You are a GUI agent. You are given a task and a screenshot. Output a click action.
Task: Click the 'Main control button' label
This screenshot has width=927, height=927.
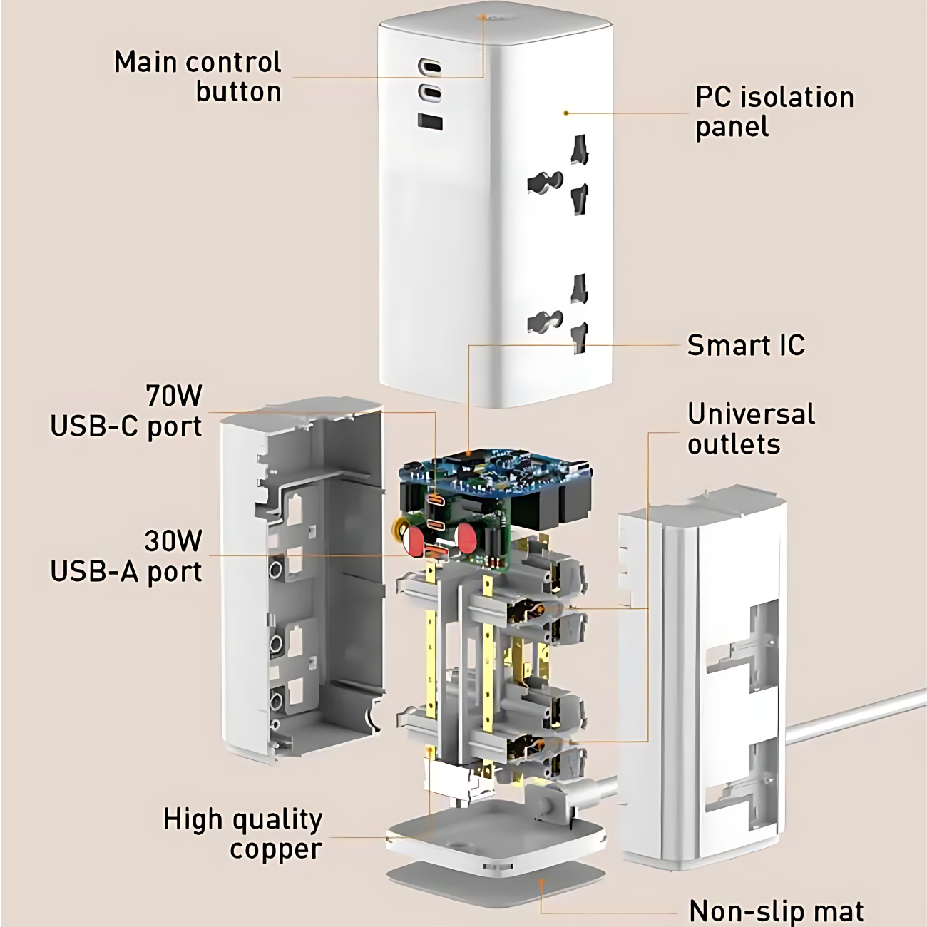(x=198, y=76)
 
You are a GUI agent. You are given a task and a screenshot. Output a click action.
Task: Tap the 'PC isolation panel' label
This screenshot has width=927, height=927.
(x=774, y=112)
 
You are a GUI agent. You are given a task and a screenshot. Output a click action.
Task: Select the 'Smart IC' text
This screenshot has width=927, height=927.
(x=745, y=345)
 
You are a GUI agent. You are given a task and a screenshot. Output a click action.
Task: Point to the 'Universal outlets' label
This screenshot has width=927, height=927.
(x=750, y=429)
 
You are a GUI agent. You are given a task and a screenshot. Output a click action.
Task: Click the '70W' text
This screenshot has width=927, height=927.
(x=174, y=395)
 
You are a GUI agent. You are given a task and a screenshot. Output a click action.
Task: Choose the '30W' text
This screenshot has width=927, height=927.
(x=173, y=541)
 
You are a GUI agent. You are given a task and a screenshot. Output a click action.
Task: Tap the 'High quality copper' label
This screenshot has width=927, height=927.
(x=242, y=834)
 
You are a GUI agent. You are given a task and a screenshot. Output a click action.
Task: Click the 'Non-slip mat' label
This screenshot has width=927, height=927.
(x=776, y=911)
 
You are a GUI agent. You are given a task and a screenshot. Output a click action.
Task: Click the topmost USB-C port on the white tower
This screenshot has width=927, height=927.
(x=429, y=68)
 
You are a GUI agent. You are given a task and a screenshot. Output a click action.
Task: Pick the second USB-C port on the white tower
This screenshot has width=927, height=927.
(x=429, y=92)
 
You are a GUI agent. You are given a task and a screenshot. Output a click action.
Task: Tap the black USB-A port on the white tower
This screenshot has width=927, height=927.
(x=430, y=121)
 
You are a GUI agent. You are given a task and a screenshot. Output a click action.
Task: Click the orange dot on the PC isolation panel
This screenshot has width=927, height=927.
(x=565, y=113)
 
